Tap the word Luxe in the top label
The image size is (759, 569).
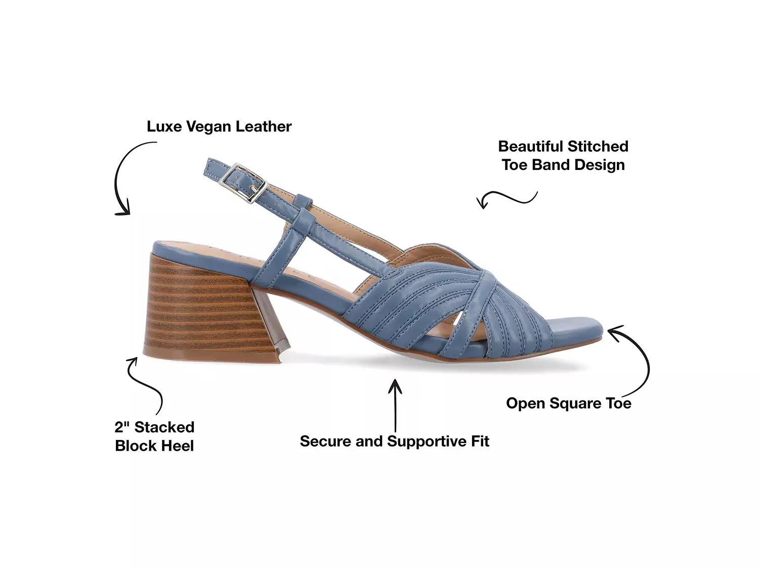pos(164,126)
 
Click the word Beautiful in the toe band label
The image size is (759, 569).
pos(530,146)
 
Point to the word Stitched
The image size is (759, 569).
pos(598,146)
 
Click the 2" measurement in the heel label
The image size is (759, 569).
pos(122,427)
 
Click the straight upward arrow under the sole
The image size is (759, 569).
pos(395,405)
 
